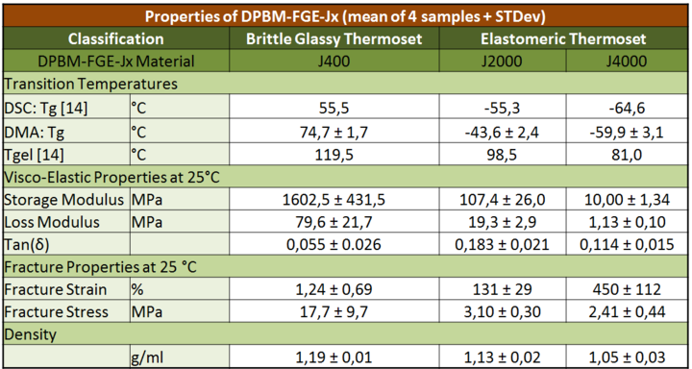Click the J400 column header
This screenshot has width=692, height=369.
(x=334, y=61)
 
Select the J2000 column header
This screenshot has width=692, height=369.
(x=503, y=61)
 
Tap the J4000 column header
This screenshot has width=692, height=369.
(x=627, y=61)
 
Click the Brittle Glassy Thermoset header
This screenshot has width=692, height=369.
(x=334, y=38)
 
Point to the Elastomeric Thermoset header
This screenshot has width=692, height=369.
(x=563, y=38)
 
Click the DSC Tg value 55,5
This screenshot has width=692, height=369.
(x=334, y=108)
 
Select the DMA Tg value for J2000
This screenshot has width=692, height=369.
(x=503, y=132)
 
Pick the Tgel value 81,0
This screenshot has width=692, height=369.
(x=627, y=156)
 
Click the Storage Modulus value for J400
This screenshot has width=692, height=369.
(x=334, y=200)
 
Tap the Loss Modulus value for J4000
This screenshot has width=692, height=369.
(x=627, y=222)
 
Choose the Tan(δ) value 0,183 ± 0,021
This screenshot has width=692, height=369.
(x=503, y=244)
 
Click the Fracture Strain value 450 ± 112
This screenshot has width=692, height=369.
(x=627, y=289)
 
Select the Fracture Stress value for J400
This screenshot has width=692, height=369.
(x=334, y=312)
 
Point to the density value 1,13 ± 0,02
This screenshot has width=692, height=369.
(x=503, y=357)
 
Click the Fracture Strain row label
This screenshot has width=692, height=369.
(x=56, y=289)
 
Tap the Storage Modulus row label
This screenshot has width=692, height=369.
(x=64, y=200)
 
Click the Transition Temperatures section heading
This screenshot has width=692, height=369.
(x=91, y=84)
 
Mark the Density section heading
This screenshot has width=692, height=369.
(x=31, y=334)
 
